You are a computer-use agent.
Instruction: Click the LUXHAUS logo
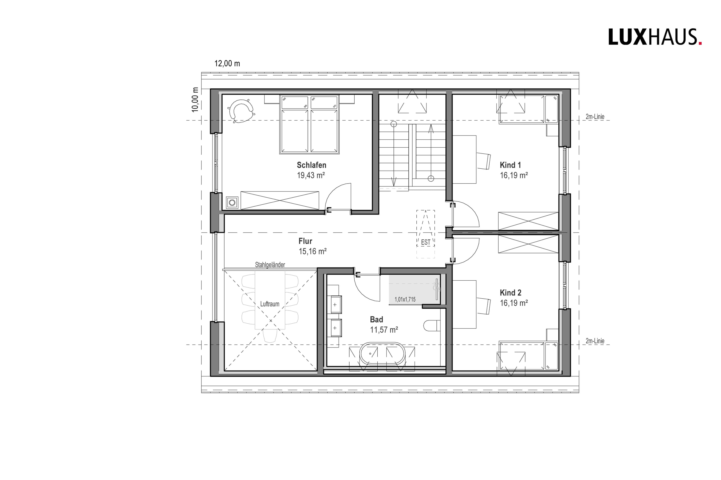pos(655,37)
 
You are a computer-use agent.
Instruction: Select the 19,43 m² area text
pos(311,175)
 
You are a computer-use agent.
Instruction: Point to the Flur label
pos(305,241)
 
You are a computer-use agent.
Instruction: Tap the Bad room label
pos(376,320)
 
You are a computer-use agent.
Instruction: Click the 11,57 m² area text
pos(384,330)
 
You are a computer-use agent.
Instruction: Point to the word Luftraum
pos(270,304)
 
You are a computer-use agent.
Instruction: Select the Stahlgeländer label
pos(270,265)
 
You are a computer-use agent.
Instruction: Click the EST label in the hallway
pos(426,242)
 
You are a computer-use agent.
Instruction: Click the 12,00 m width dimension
pos(227,64)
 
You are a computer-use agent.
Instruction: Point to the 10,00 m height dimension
pos(195,99)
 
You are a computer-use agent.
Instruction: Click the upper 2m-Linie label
pos(595,117)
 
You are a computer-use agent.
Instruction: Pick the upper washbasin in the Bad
pos(336,305)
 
